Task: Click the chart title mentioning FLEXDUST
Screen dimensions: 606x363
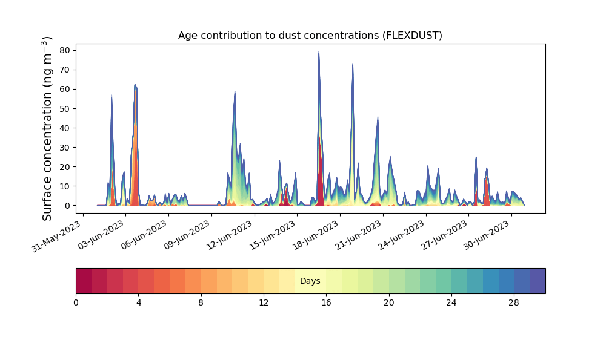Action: point(310,36)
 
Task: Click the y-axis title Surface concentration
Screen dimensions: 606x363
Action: point(47,129)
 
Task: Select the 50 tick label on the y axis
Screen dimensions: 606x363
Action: point(65,109)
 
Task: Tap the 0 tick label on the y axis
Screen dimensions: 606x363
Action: point(68,206)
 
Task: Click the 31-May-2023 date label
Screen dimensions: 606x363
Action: point(56,236)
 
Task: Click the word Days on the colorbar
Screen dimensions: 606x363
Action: point(310,281)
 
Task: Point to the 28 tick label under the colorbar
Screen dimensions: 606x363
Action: point(514,303)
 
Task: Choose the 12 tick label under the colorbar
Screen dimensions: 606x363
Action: point(264,303)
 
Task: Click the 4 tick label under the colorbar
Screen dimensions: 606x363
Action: point(138,303)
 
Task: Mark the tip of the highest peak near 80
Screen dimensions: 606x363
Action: point(319,51)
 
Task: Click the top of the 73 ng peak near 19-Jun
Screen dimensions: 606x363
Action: point(353,64)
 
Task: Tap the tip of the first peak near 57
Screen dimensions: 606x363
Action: point(112,95)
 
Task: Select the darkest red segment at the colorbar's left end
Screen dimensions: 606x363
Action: point(84,281)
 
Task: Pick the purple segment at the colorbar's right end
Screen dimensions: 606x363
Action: point(538,281)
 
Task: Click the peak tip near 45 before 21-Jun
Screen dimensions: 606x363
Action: point(378,117)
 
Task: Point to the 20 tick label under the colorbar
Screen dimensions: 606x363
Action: point(389,303)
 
